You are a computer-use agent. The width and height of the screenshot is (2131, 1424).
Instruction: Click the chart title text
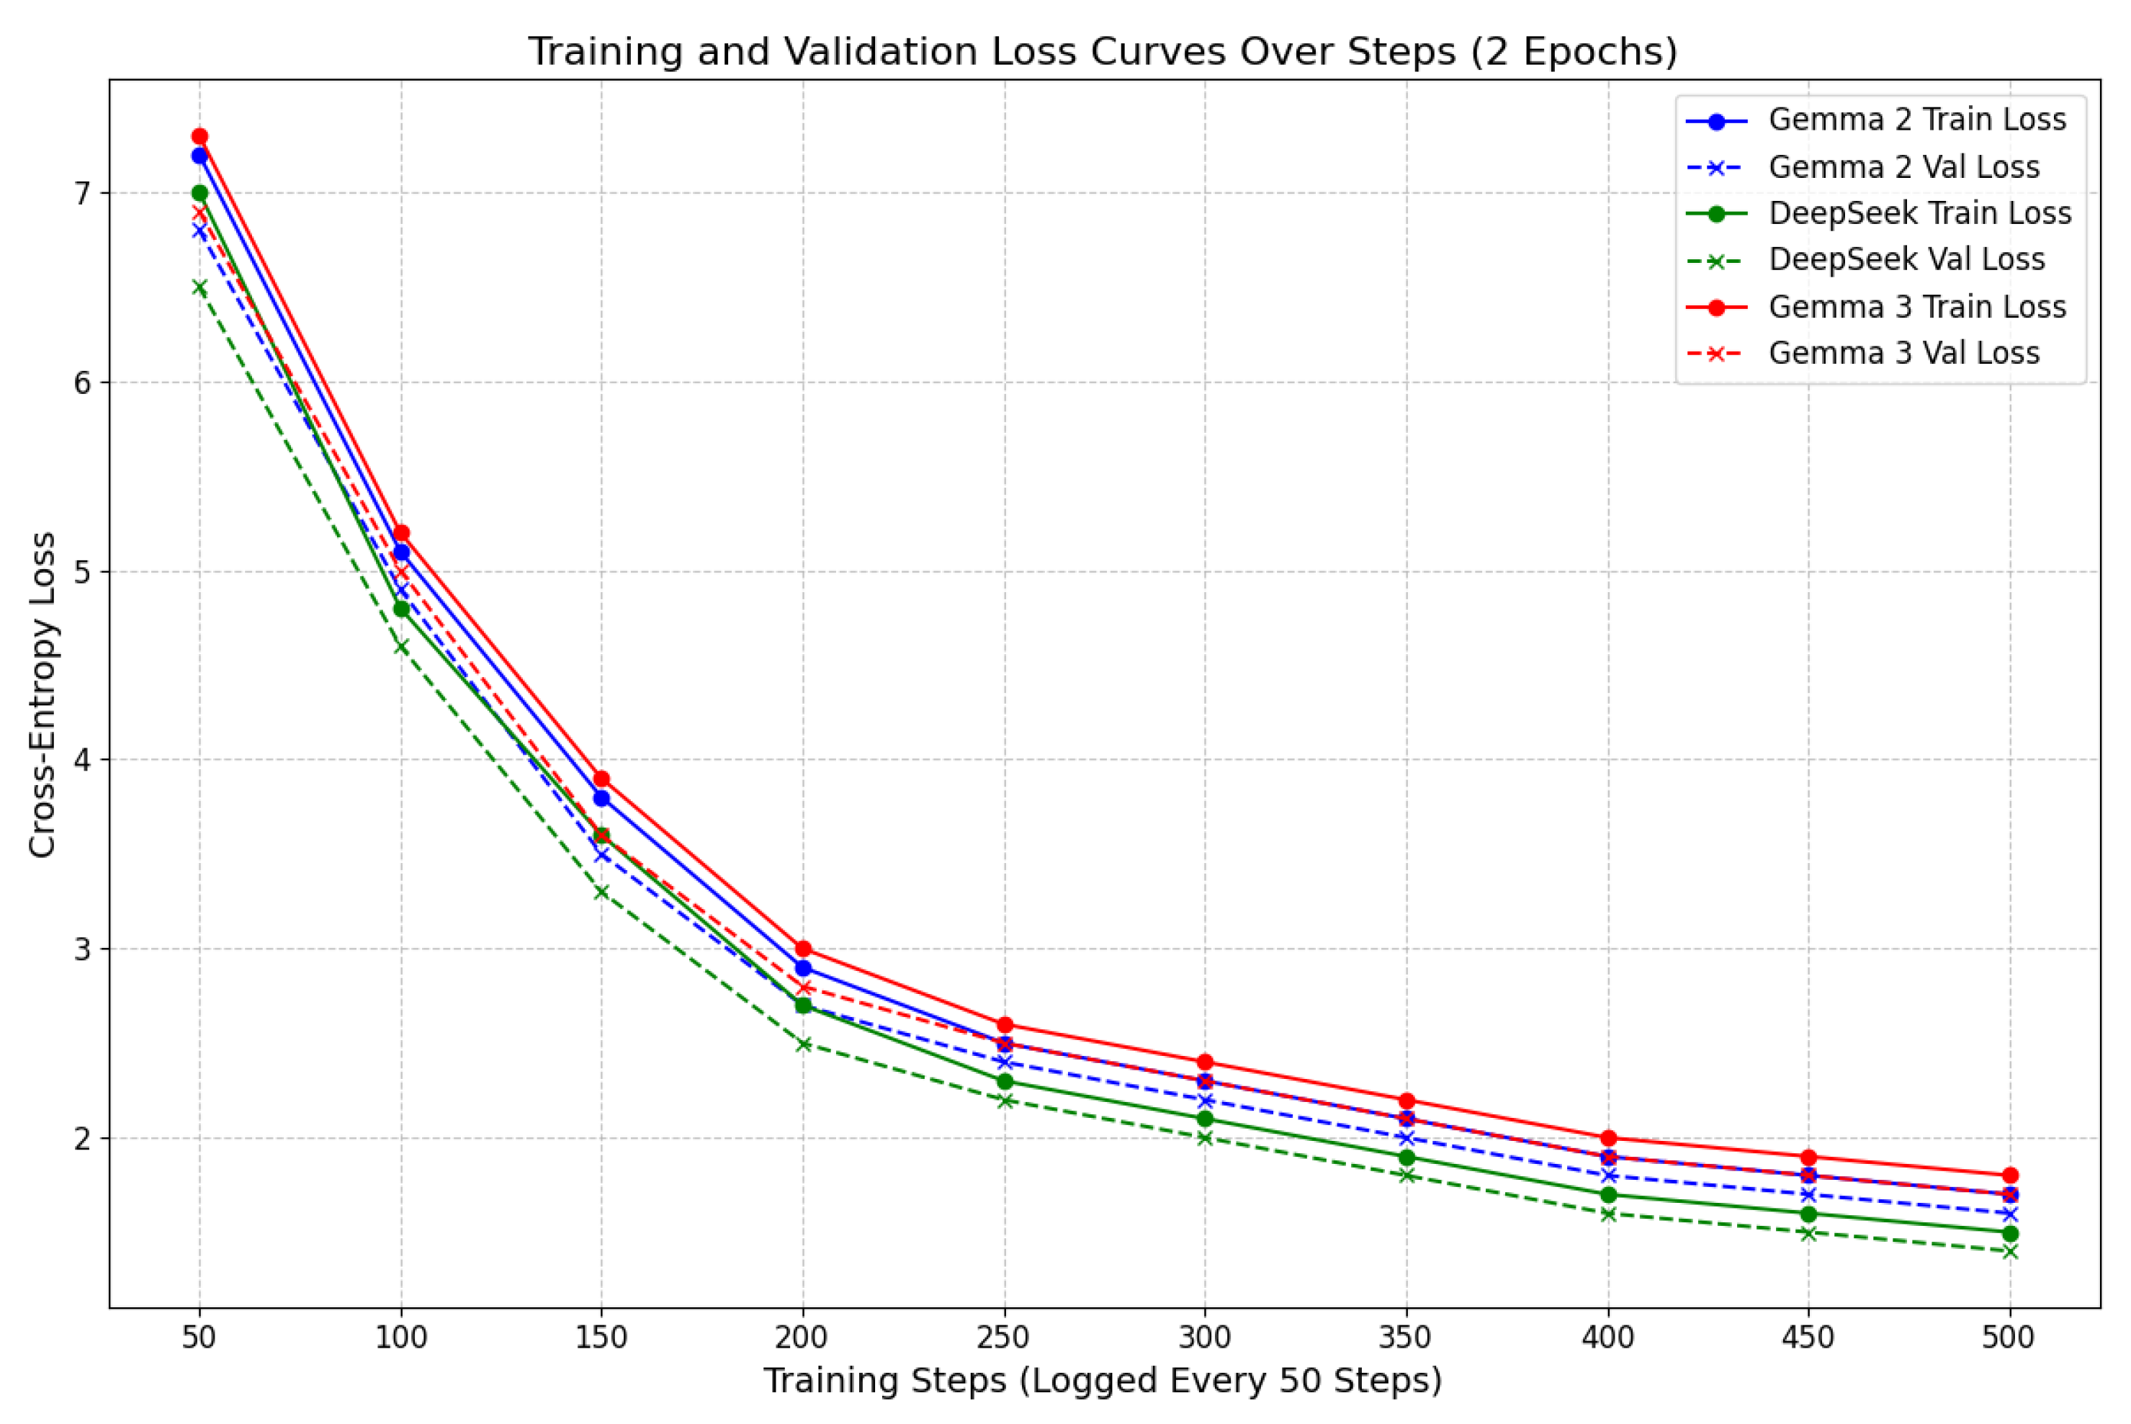click(x=1103, y=52)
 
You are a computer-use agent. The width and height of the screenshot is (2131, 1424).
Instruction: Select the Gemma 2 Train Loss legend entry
click(x=1916, y=120)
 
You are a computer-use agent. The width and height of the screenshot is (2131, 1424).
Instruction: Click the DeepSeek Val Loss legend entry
click(x=1906, y=260)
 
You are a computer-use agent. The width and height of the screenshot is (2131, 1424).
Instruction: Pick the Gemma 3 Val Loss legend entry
click(x=1903, y=353)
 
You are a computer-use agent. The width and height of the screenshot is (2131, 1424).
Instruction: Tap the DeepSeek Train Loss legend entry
click(x=1919, y=213)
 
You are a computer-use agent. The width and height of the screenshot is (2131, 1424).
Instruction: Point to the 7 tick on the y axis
click(x=84, y=194)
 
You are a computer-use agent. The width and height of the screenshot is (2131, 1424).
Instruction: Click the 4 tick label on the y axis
click(x=84, y=760)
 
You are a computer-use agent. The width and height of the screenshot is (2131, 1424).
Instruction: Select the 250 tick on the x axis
click(x=1004, y=1338)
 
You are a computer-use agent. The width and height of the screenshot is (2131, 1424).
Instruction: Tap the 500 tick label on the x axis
click(x=2009, y=1338)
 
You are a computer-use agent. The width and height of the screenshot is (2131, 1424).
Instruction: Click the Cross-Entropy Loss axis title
click(x=42, y=695)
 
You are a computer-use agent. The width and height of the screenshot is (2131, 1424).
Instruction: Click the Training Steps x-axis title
click(x=1103, y=1380)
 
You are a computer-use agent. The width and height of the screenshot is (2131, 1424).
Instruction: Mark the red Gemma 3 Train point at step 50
click(x=199, y=137)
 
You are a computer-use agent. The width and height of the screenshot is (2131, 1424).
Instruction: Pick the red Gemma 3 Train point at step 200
click(x=803, y=949)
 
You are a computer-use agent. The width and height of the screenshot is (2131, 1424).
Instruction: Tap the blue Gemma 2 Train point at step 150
click(x=601, y=798)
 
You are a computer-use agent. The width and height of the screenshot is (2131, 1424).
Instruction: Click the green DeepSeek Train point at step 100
click(x=400, y=609)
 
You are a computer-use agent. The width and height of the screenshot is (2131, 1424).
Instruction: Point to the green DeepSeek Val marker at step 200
click(x=803, y=1044)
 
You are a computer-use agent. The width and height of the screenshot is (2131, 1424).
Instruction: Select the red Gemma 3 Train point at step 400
click(x=1608, y=1138)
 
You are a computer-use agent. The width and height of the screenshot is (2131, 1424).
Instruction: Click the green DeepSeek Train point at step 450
click(x=1808, y=1214)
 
